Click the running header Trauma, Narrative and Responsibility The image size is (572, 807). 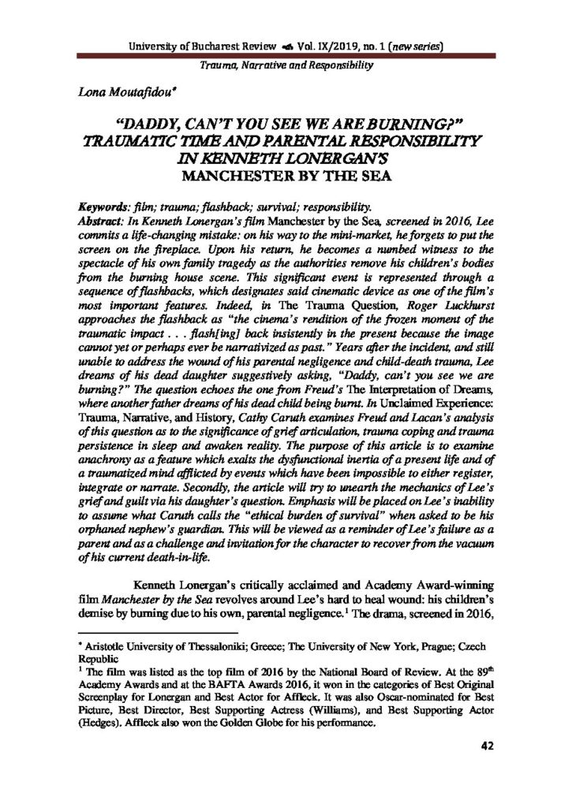click(286, 65)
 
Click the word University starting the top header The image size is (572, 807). click(156, 46)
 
